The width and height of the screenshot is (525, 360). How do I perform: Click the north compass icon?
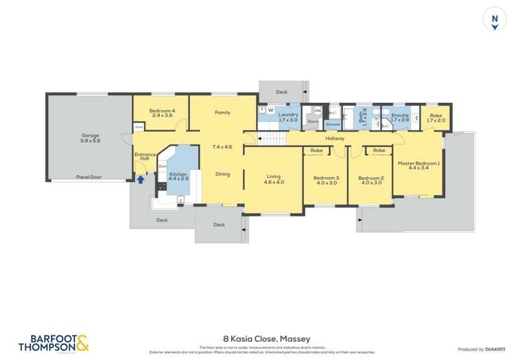(x=495, y=21)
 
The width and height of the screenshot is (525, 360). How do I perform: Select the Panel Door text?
(x=89, y=177)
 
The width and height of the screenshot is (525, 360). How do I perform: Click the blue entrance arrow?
(x=140, y=179)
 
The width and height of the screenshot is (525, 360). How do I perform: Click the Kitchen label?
(x=178, y=175)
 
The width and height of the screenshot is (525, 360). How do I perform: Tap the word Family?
(x=223, y=112)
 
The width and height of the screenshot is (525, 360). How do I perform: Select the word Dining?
(x=223, y=174)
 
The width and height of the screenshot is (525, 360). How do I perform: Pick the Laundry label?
(x=288, y=117)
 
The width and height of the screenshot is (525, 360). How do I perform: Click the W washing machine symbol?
(x=270, y=110)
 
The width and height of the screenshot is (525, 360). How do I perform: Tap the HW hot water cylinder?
(x=317, y=110)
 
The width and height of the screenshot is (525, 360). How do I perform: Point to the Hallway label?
(x=335, y=139)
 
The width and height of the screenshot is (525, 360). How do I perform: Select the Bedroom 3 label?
(x=326, y=181)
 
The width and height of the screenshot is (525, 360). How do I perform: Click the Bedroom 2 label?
(x=371, y=181)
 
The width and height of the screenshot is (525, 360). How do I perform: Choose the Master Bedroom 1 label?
(x=419, y=166)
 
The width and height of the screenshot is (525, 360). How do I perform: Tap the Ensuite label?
(x=400, y=117)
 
